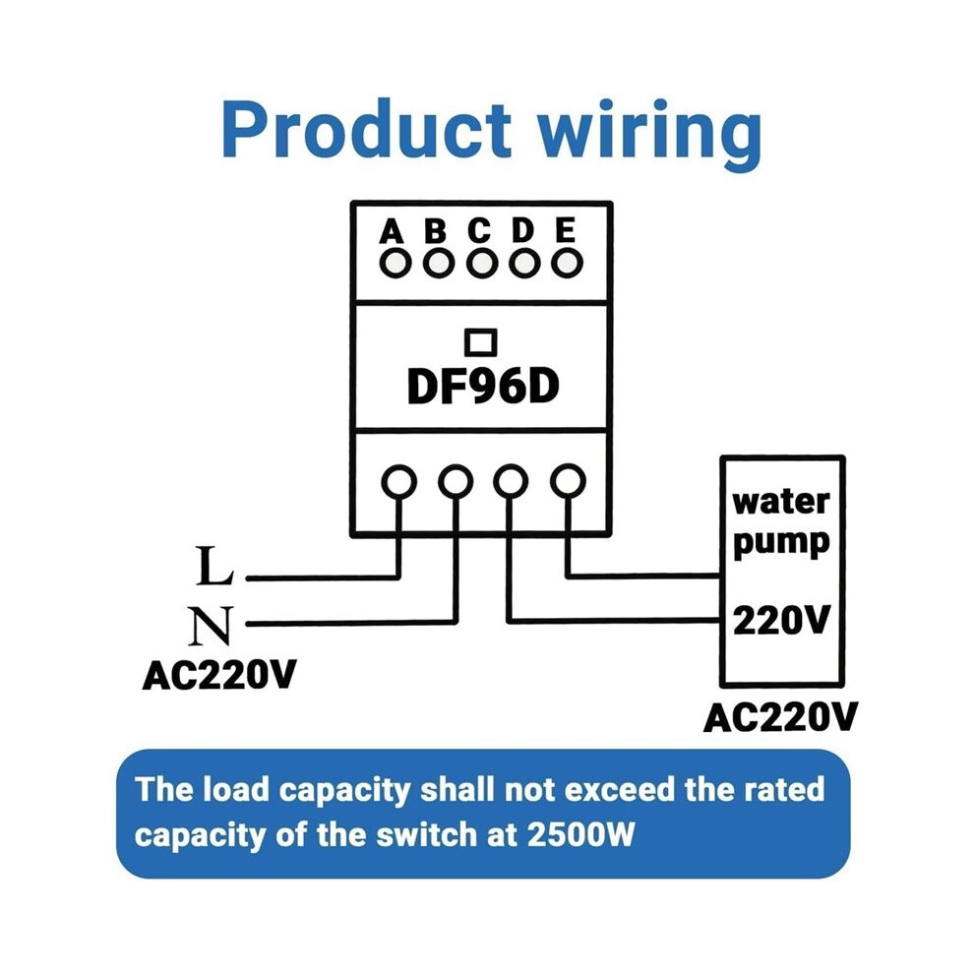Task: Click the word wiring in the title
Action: click(649, 134)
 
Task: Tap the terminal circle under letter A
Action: click(396, 264)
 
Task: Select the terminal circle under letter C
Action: click(482, 264)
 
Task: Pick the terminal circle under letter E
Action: click(567, 263)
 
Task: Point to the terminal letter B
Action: click(436, 231)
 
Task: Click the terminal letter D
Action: click(523, 230)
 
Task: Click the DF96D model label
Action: click(483, 387)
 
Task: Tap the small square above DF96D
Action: click(481, 341)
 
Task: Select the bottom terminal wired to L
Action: click(398, 481)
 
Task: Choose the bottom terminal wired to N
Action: click(456, 481)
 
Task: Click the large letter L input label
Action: click(214, 566)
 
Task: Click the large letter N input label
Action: click(211, 625)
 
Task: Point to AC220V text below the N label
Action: click(219, 675)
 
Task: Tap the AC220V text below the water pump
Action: click(780, 717)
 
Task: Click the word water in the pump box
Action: click(781, 502)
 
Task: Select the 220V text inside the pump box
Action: click(781, 620)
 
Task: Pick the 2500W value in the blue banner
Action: click(580, 835)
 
